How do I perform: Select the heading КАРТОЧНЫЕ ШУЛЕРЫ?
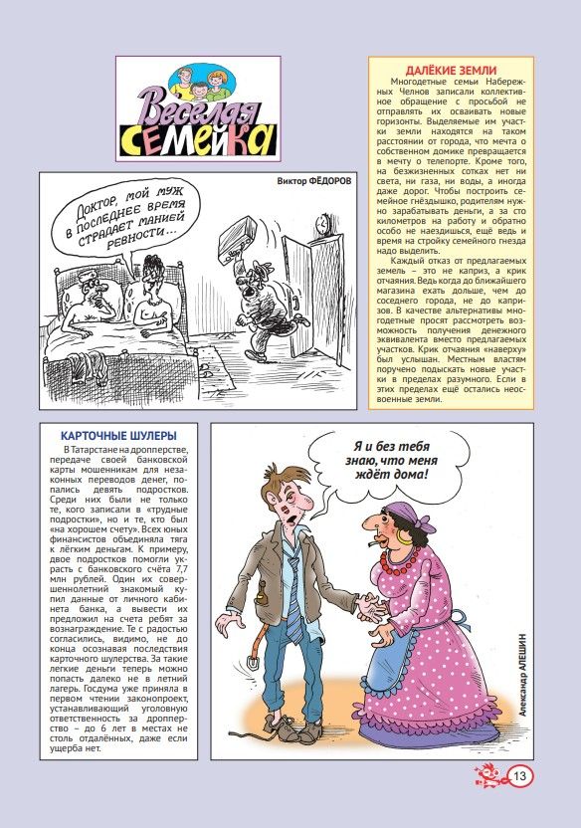pos(119,436)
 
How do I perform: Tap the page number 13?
pos(519,775)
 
